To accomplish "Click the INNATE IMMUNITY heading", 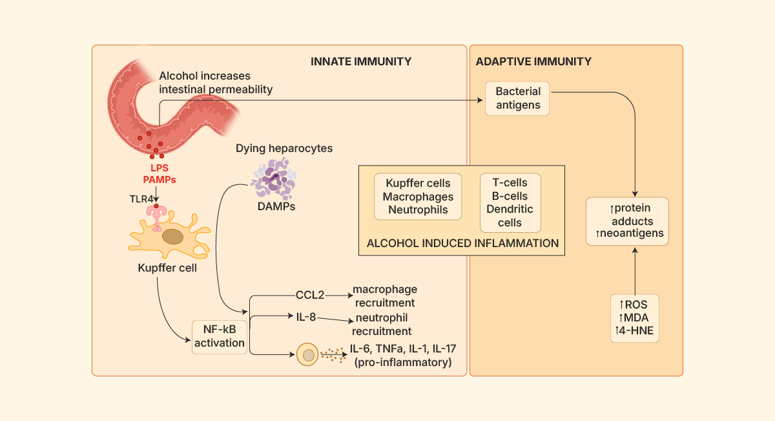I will (x=361, y=62).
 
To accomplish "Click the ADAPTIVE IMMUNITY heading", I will (x=533, y=62).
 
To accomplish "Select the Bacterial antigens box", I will (x=518, y=98).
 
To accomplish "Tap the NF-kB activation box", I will (x=220, y=336).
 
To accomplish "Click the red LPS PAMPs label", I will (x=159, y=173).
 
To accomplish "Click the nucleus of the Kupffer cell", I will (x=172, y=237).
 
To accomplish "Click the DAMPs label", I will (x=273, y=208).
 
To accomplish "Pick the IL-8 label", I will (x=305, y=317).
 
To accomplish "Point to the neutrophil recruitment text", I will (x=382, y=324).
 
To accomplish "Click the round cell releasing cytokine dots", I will (x=308, y=355).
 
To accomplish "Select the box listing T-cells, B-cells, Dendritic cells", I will (x=510, y=202).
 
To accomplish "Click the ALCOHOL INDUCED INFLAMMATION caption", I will (x=462, y=243).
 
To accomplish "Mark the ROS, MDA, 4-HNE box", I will (x=635, y=318).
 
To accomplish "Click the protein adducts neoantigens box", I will (x=627, y=221).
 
